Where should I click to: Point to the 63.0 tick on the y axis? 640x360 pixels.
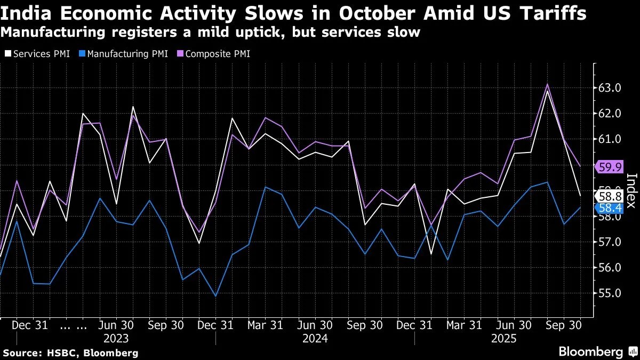point(610,88)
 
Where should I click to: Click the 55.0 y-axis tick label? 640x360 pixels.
point(610,293)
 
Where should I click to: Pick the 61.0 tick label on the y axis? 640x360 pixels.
point(610,139)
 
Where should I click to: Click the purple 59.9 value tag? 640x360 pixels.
point(611,167)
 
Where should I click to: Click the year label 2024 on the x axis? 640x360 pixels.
point(315,338)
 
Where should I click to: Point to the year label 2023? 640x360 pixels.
point(116,338)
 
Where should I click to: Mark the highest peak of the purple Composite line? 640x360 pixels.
point(547,84)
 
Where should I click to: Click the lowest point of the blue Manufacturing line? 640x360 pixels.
point(215,296)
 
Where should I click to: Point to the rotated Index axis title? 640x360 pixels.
point(631,191)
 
